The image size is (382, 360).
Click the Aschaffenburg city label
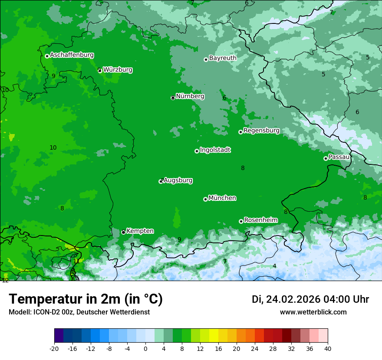(x=72, y=55)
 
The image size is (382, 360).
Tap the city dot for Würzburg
(x=100, y=70)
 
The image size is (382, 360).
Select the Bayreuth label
(x=223, y=58)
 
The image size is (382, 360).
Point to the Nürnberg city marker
(x=173, y=98)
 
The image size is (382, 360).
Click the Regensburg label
(x=261, y=131)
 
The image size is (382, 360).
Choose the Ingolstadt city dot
(x=197, y=151)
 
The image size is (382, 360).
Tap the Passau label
(x=339, y=157)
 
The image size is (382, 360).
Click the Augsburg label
(x=178, y=180)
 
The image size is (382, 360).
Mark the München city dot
(x=205, y=199)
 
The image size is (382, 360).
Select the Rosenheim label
(x=260, y=220)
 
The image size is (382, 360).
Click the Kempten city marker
(x=123, y=232)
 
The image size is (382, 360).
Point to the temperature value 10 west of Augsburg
(x=53, y=147)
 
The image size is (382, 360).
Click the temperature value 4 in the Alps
(x=274, y=266)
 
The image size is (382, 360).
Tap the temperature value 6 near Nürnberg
(x=224, y=98)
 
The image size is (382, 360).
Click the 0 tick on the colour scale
(x=145, y=349)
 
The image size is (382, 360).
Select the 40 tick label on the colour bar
(x=327, y=349)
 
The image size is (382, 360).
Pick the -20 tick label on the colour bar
(x=54, y=349)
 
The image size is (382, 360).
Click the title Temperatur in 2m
(x=86, y=299)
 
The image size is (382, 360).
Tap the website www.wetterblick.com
(x=313, y=312)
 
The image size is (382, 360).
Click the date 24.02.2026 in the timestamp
(x=293, y=299)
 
